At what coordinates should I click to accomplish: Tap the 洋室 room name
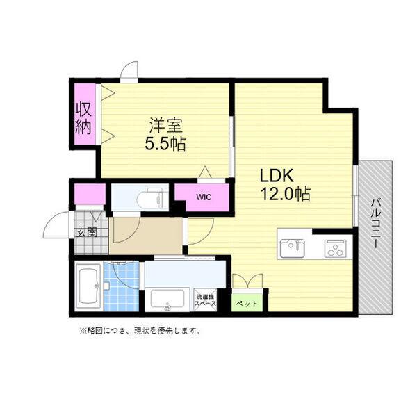tap(165, 126)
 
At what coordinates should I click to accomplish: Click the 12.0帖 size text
tap(285, 194)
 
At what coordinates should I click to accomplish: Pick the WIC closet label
tap(202, 197)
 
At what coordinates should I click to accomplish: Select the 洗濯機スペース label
tap(205, 300)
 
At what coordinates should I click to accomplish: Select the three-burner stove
tap(335, 248)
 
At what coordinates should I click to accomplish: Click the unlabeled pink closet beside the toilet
tap(90, 195)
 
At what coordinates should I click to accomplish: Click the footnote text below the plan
tap(139, 331)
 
